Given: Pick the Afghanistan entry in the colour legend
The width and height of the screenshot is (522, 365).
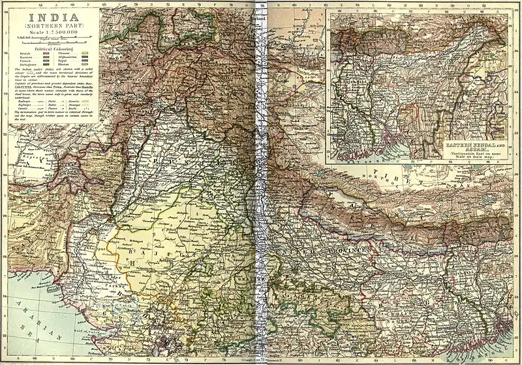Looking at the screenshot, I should pos(79,59).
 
